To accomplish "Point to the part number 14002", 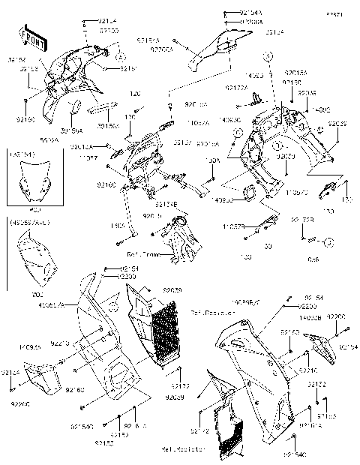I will coord(323,110).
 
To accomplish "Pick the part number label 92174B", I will coord(166,203).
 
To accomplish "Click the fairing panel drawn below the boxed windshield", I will coord(36,259).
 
